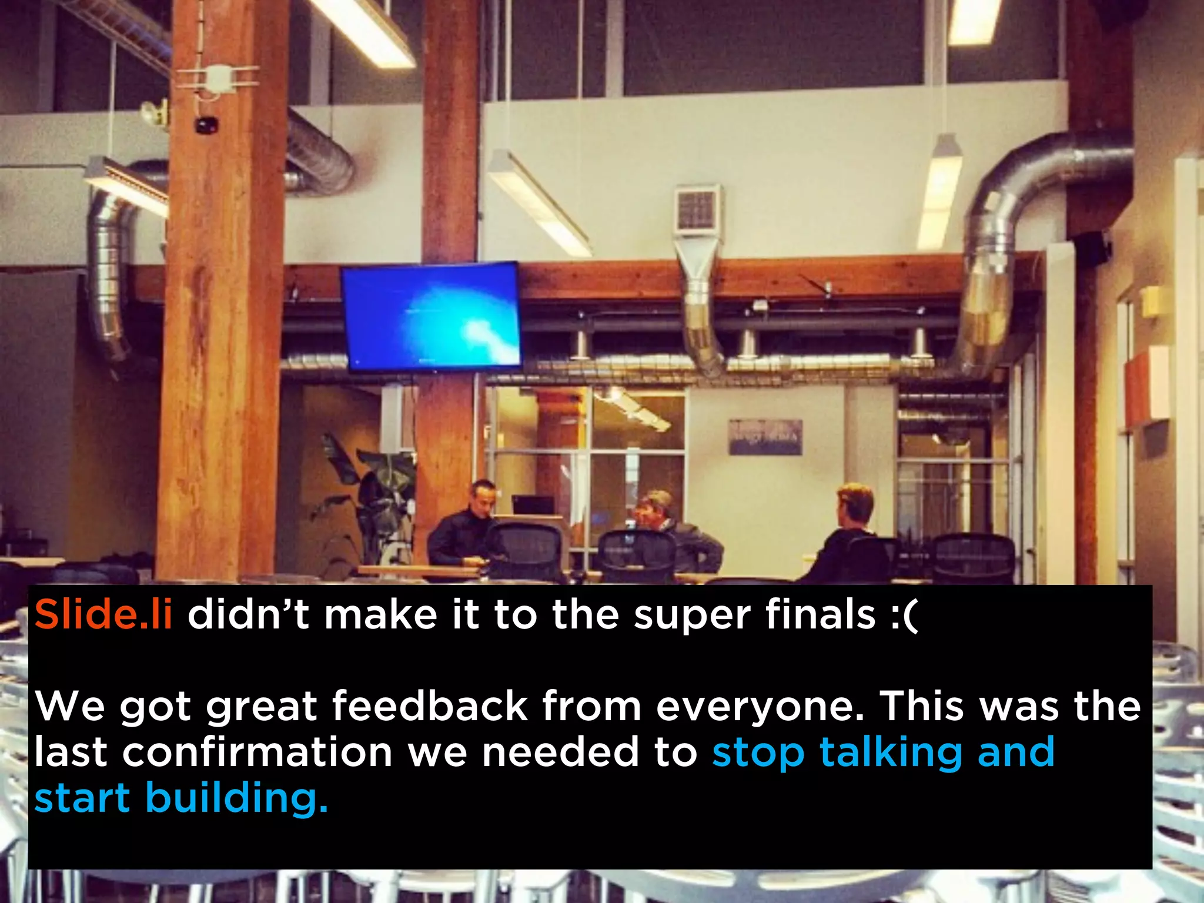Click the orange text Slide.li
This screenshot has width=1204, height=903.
(x=103, y=615)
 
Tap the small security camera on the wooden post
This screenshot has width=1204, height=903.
(x=206, y=125)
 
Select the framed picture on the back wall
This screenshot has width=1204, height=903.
(x=765, y=437)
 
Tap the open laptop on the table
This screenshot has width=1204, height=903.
(x=533, y=505)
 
